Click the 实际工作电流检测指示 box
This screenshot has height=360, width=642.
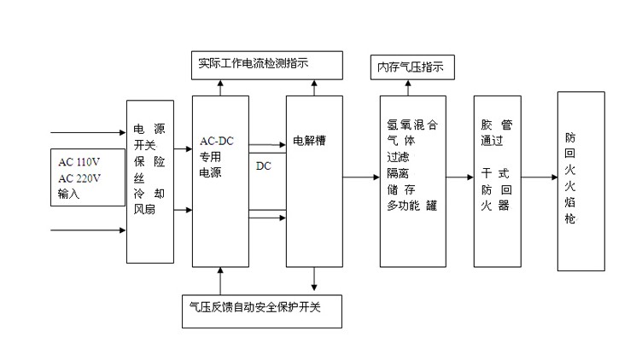tap(266, 63)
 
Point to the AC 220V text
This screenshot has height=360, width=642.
tap(79, 178)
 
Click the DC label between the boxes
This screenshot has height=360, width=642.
tap(264, 165)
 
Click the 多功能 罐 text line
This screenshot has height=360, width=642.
tap(411, 206)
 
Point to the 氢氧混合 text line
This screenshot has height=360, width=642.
tap(411, 125)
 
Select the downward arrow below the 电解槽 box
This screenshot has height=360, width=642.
tap(314, 279)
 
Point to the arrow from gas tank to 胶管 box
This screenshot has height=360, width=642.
tap(460, 177)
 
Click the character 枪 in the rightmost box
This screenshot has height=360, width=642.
tap(570, 218)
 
